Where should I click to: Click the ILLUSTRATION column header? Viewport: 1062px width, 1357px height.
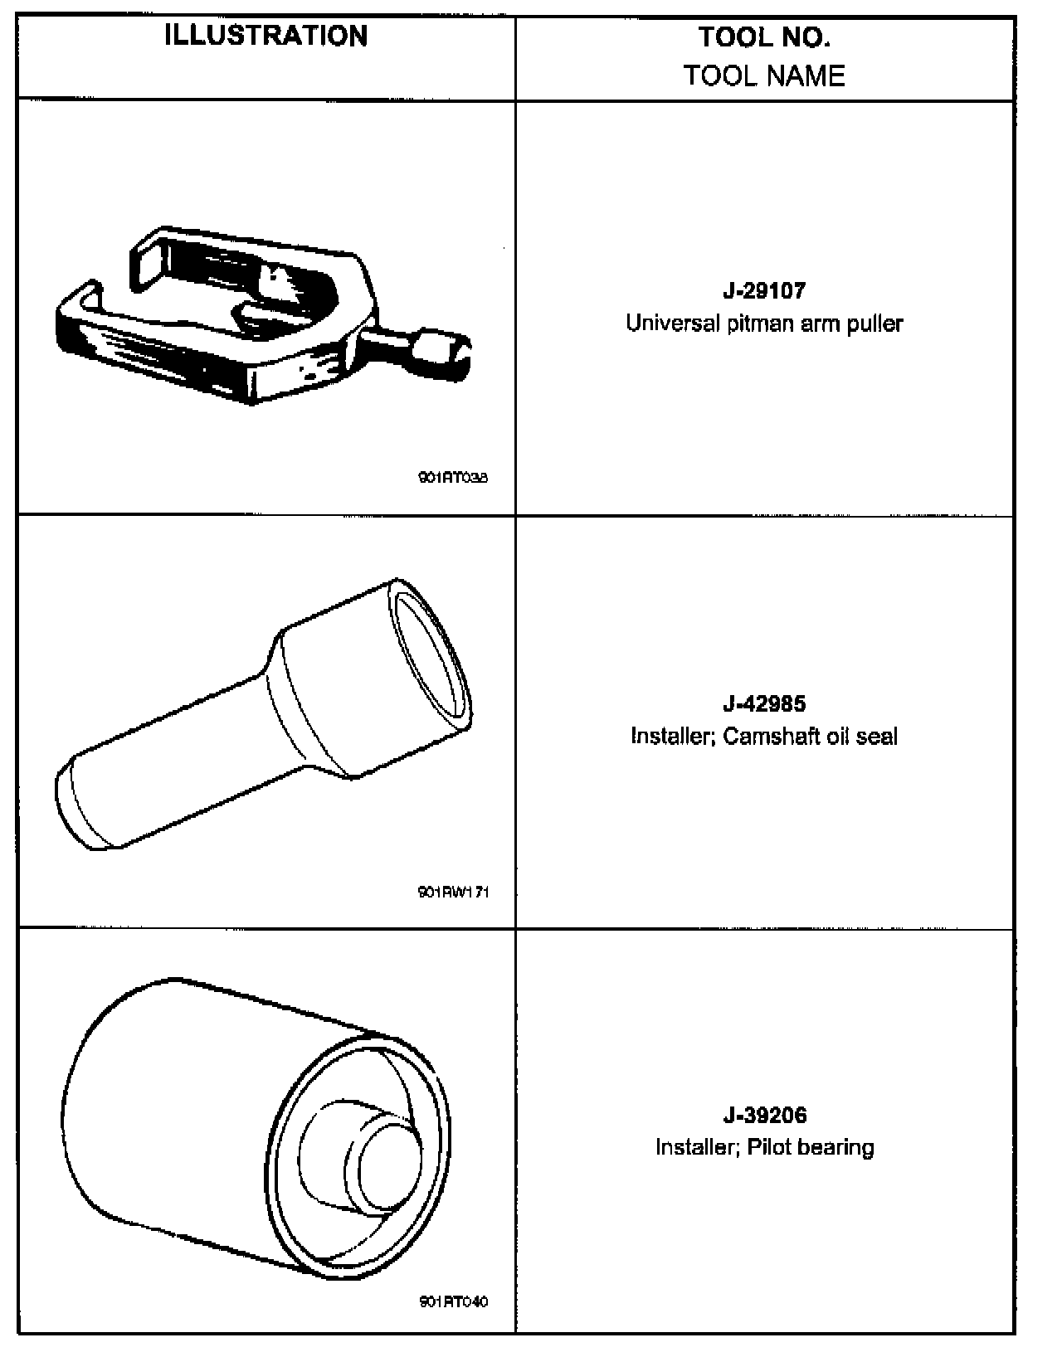265,36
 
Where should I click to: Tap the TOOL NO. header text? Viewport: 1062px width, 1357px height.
763,37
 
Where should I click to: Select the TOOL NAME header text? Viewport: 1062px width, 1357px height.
763,75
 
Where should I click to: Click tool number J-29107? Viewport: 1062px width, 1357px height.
763,291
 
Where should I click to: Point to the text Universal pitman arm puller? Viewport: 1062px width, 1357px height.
763,323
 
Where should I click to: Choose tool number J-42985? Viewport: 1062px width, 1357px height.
763,704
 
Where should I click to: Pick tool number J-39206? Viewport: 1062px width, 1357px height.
763,1116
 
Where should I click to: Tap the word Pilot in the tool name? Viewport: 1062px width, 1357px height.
765,1147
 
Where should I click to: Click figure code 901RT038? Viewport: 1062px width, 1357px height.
453,478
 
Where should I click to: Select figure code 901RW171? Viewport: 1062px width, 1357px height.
453,893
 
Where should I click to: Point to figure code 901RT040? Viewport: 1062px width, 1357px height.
453,1301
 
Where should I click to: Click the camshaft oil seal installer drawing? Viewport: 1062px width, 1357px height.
265,713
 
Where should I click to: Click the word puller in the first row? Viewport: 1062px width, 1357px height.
874,323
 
